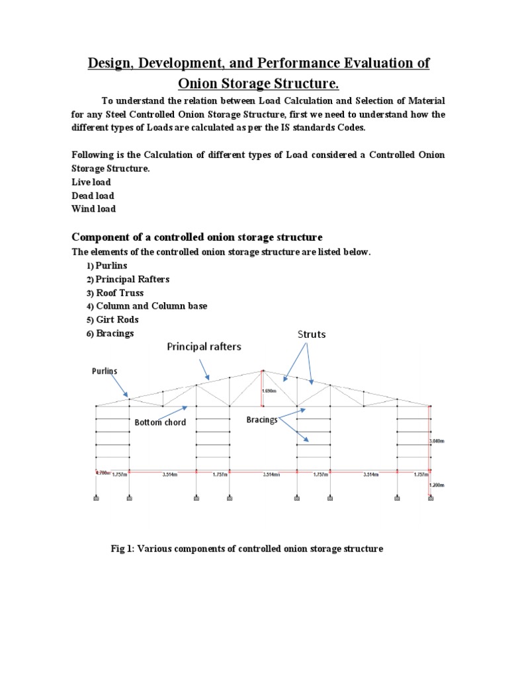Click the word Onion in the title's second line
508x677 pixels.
202,84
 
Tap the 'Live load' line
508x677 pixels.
91,182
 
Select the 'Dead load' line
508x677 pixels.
93,196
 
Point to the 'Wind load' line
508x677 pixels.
93,209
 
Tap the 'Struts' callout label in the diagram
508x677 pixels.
312,335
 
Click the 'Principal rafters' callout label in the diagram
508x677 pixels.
204,346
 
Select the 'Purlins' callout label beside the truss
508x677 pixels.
104,372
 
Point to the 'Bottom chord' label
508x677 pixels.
160,422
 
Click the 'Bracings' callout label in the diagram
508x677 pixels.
262,420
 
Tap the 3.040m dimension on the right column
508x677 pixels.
436,440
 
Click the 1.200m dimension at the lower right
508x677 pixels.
435,485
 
